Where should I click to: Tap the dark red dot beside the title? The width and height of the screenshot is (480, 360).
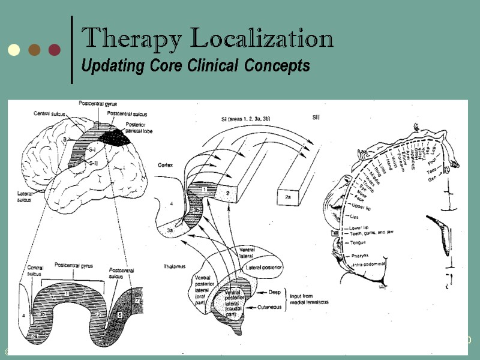coord(55,49)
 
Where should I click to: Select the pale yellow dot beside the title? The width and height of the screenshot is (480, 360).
coord(14,49)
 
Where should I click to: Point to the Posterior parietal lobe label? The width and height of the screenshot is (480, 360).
coord(142,128)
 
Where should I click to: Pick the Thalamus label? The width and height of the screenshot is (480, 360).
coord(175,265)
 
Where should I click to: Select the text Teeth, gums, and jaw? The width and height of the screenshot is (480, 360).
coord(371,233)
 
